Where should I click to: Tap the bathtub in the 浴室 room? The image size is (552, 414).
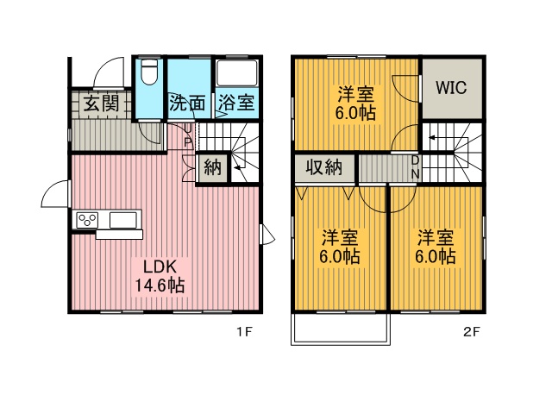(x=236, y=72)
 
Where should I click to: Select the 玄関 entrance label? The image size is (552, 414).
(x=102, y=103)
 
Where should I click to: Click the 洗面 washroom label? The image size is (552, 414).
(x=187, y=103)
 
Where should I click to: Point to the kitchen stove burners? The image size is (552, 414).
(x=87, y=221)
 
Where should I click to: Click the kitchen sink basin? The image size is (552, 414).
(x=123, y=221)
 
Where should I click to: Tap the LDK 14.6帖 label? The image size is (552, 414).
(x=160, y=277)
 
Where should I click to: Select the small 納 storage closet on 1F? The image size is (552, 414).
(x=213, y=166)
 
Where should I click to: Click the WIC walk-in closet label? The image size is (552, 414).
(x=451, y=87)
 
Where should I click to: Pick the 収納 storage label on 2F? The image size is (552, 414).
(x=324, y=166)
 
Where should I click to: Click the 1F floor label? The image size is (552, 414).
(x=244, y=331)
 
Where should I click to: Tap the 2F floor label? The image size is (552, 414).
(x=471, y=331)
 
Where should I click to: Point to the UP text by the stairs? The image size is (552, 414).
(x=188, y=135)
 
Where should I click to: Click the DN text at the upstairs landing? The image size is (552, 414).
(x=416, y=167)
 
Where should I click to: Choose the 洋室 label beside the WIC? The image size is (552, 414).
(x=355, y=94)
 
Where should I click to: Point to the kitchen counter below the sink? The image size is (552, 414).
(x=119, y=235)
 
